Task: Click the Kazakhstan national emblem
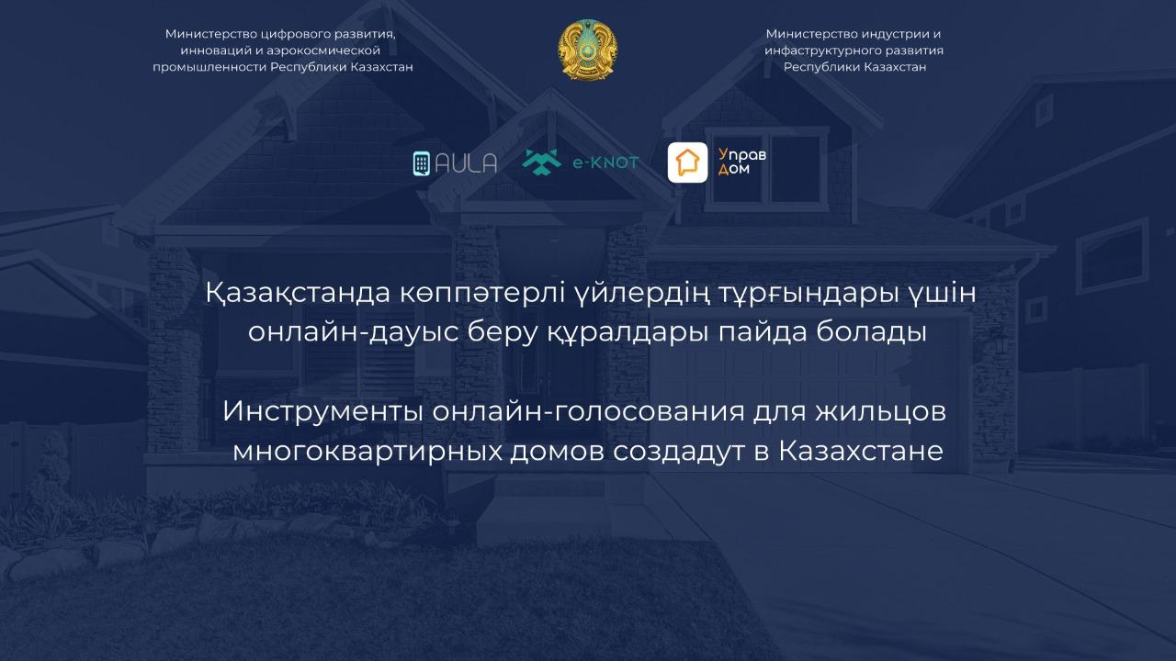587,50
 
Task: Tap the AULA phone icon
422,163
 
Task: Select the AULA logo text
466,163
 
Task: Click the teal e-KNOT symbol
541,162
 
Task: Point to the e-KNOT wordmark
605,162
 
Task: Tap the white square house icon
688,162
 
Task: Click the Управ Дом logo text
741,162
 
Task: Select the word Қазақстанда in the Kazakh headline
298,293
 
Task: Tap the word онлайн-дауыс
353,332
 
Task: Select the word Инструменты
322,411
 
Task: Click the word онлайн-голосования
589,411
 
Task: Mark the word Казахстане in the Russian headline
861,451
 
